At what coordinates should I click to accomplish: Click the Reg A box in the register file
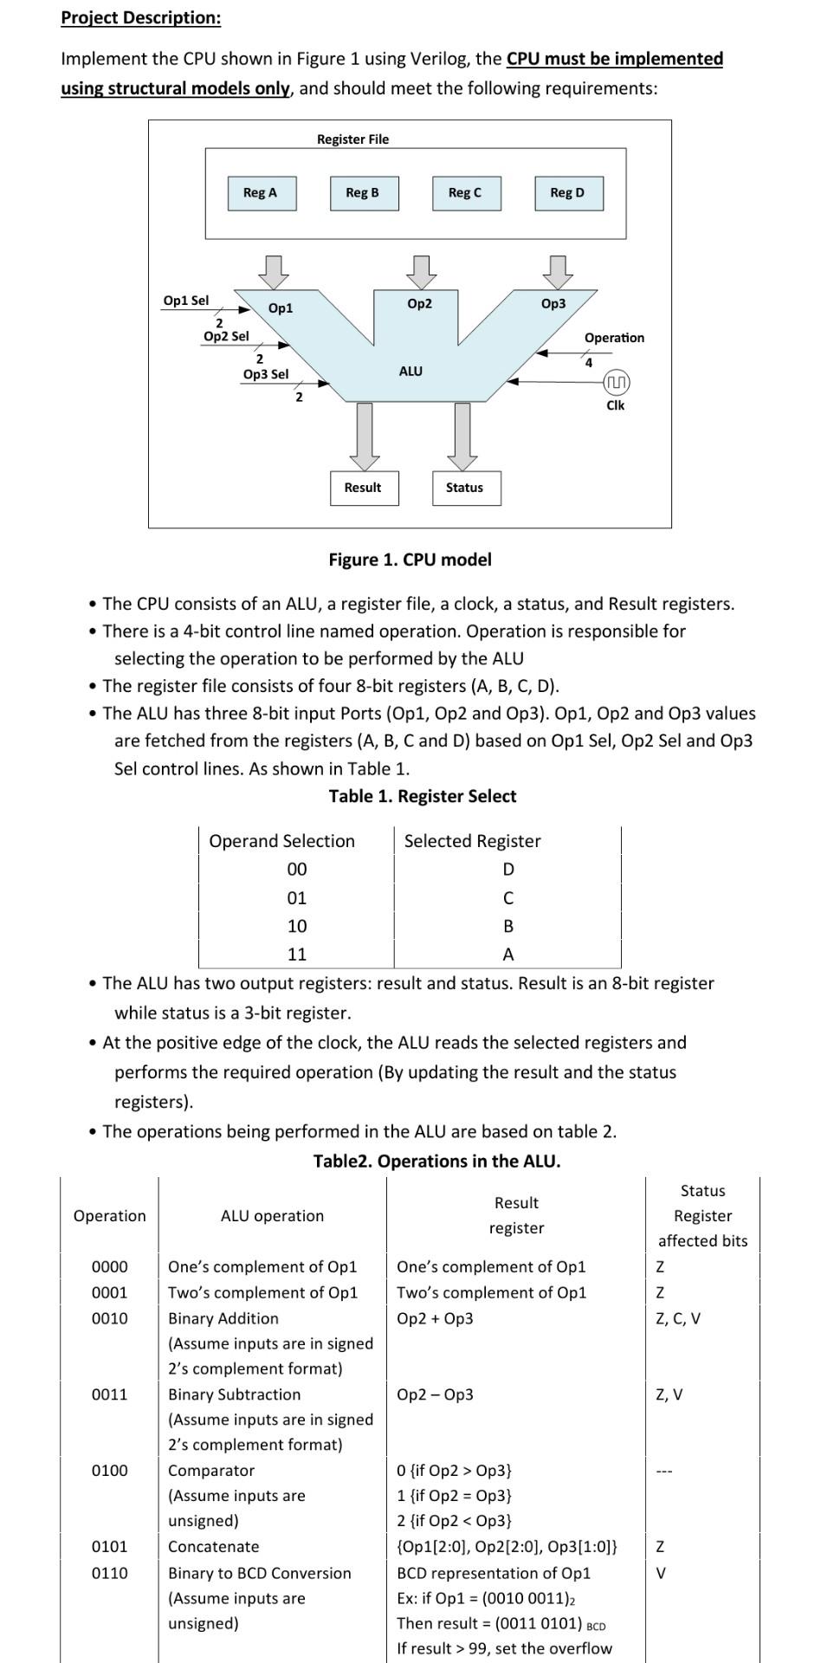[261, 193]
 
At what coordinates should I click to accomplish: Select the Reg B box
[362, 193]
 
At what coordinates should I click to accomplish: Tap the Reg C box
[464, 193]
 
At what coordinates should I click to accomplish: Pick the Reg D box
[567, 193]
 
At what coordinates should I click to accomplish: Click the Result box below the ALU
[362, 488]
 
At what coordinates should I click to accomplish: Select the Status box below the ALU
[465, 488]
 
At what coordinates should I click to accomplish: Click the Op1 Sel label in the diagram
[186, 301]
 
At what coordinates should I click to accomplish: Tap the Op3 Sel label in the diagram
[266, 374]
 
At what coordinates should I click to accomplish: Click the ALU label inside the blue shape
[410, 371]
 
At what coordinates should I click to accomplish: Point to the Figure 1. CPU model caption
[410, 560]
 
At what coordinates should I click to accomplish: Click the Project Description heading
[140, 18]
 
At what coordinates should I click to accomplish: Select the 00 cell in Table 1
[296, 870]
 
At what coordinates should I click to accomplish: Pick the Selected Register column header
[472, 841]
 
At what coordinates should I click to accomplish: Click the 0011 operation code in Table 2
[110, 1394]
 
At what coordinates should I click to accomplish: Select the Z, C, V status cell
[679, 1318]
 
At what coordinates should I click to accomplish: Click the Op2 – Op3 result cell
[435, 1394]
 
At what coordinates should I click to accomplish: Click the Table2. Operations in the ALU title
[436, 1161]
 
